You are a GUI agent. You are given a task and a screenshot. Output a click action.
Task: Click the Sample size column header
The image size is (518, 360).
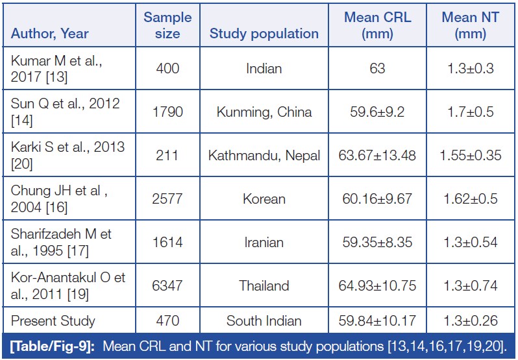coord(167,25)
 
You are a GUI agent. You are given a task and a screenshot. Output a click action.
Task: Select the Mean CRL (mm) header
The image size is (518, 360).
coord(377,25)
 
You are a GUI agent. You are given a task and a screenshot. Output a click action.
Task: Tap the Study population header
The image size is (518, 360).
coord(264,34)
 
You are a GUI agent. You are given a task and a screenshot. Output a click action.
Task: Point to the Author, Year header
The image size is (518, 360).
coord(49,34)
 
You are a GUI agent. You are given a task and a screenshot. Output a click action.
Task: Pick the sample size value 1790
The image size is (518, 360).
coord(167,112)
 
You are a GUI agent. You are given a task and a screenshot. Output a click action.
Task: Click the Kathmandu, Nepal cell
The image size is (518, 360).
coord(264,155)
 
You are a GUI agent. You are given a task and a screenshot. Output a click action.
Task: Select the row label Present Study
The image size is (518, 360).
coord(54,320)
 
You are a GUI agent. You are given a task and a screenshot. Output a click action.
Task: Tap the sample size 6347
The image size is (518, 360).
coord(167,285)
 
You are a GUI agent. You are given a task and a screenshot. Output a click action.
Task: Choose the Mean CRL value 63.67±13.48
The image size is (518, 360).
coord(377,155)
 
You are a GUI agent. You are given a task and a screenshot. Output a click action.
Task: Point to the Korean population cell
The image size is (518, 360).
coord(264,198)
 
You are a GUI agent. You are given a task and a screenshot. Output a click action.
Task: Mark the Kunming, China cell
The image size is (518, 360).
coord(264,112)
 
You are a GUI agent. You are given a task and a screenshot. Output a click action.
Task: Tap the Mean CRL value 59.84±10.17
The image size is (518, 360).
coord(377,320)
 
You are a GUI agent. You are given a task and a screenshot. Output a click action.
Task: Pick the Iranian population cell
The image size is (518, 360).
coord(264,242)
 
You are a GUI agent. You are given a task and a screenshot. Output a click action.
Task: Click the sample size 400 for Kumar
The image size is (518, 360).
coord(167,68)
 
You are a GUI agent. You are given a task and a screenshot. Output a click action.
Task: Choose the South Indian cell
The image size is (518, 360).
coord(264,320)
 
